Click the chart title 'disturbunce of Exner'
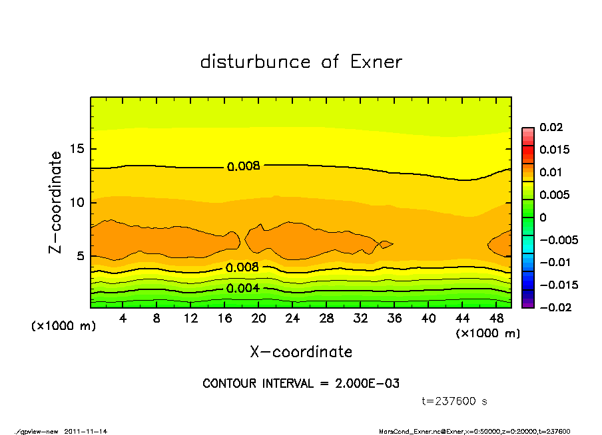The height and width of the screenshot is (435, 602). point(301,62)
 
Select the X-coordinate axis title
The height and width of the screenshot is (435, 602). point(301,352)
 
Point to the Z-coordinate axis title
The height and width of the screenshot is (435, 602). point(56,202)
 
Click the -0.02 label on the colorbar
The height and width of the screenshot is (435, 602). point(554,307)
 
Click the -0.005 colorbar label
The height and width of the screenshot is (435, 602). point(558,240)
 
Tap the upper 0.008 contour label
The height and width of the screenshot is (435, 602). point(243,166)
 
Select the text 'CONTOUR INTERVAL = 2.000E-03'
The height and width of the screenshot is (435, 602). point(301,384)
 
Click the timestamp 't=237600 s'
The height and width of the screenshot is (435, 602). point(455,401)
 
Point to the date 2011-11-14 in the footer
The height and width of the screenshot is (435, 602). point(86,431)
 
